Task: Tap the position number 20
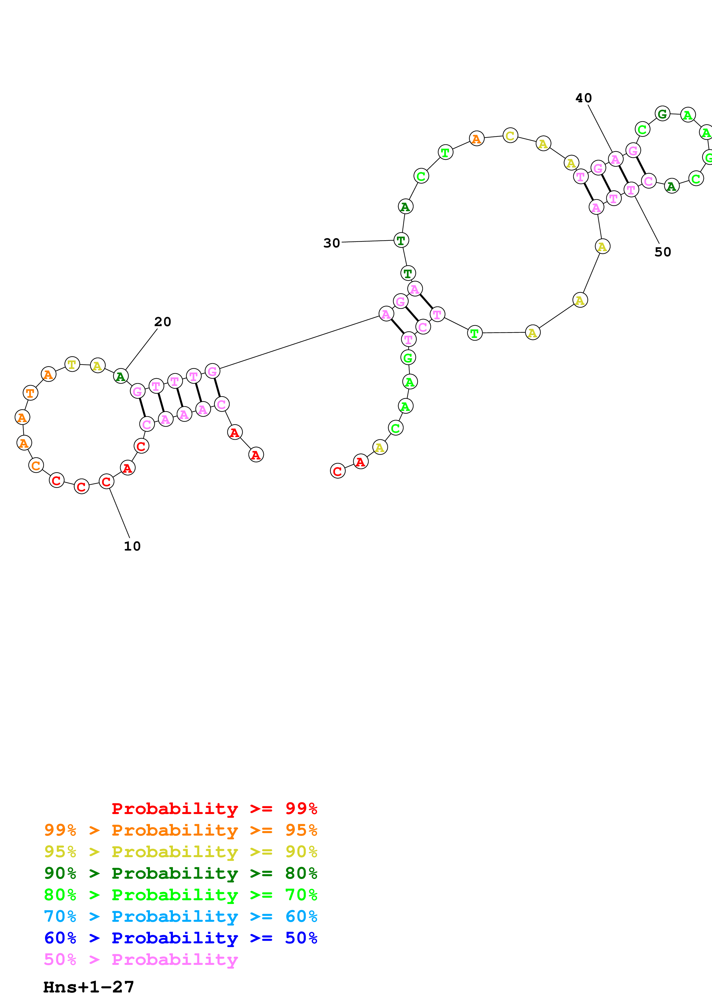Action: pyautogui.click(x=163, y=322)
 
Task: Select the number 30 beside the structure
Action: pyautogui.click(x=332, y=243)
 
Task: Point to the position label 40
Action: pyautogui.click(x=583, y=98)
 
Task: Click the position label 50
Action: pyautogui.click(x=662, y=252)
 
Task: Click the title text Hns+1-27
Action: pyautogui.click(x=89, y=987)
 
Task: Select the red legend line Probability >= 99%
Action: pyautogui.click(x=214, y=808)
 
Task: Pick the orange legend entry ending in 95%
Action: pyautogui.click(x=181, y=830)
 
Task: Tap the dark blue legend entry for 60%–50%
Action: pyautogui.click(x=181, y=938)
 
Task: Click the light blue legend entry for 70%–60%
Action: pyautogui.click(x=181, y=916)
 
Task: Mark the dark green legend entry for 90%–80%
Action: pyautogui.click(x=181, y=873)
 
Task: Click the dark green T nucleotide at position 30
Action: pyautogui.click(x=401, y=240)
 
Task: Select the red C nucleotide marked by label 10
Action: pyautogui.click(x=107, y=482)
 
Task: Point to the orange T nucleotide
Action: pyautogui.click(x=30, y=393)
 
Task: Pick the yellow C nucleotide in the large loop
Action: pyautogui.click(x=510, y=136)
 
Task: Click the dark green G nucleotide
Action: pyautogui.click(x=662, y=114)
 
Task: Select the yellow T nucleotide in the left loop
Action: pyautogui.click(x=72, y=364)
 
